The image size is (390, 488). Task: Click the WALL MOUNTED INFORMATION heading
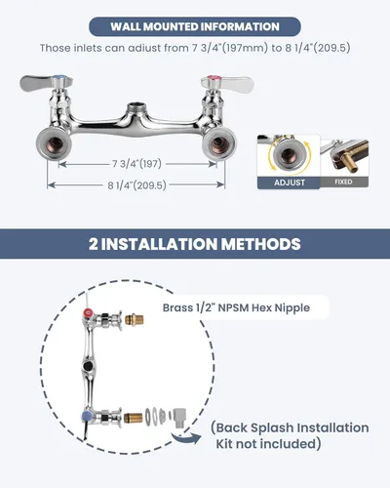click(x=195, y=26)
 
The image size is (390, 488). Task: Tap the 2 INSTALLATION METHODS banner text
click(x=195, y=244)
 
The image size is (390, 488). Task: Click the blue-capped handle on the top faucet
click(x=46, y=83)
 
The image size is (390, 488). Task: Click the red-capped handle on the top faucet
click(x=227, y=83)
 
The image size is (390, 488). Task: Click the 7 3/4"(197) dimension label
click(x=136, y=164)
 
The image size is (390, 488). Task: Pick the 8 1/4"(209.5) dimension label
click(x=136, y=185)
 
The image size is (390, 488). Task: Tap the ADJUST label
click(x=290, y=183)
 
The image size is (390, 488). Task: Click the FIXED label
click(x=343, y=182)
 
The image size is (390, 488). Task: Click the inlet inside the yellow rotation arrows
click(x=288, y=155)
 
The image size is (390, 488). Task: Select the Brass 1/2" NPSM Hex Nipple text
click(x=236, y=307)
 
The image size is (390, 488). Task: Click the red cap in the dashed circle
click(x=88, y=313)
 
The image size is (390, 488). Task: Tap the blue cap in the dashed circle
click(x=87, y=416)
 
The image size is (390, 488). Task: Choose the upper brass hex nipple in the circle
click(x=135, y=319)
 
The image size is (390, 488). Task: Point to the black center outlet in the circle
click(x=88, y=366)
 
